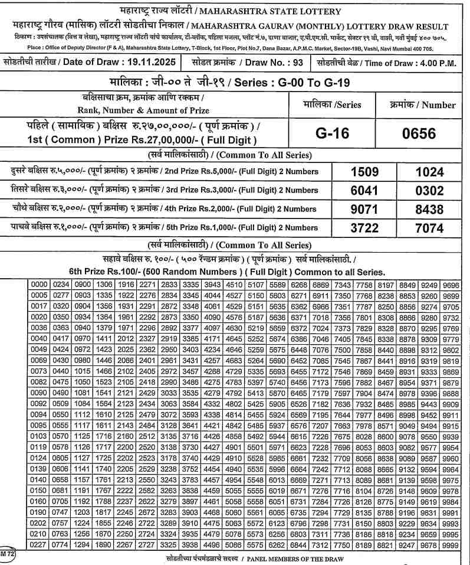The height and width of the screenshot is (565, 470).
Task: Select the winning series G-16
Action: point(332,133)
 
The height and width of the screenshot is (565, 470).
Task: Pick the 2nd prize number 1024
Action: point(429,172)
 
